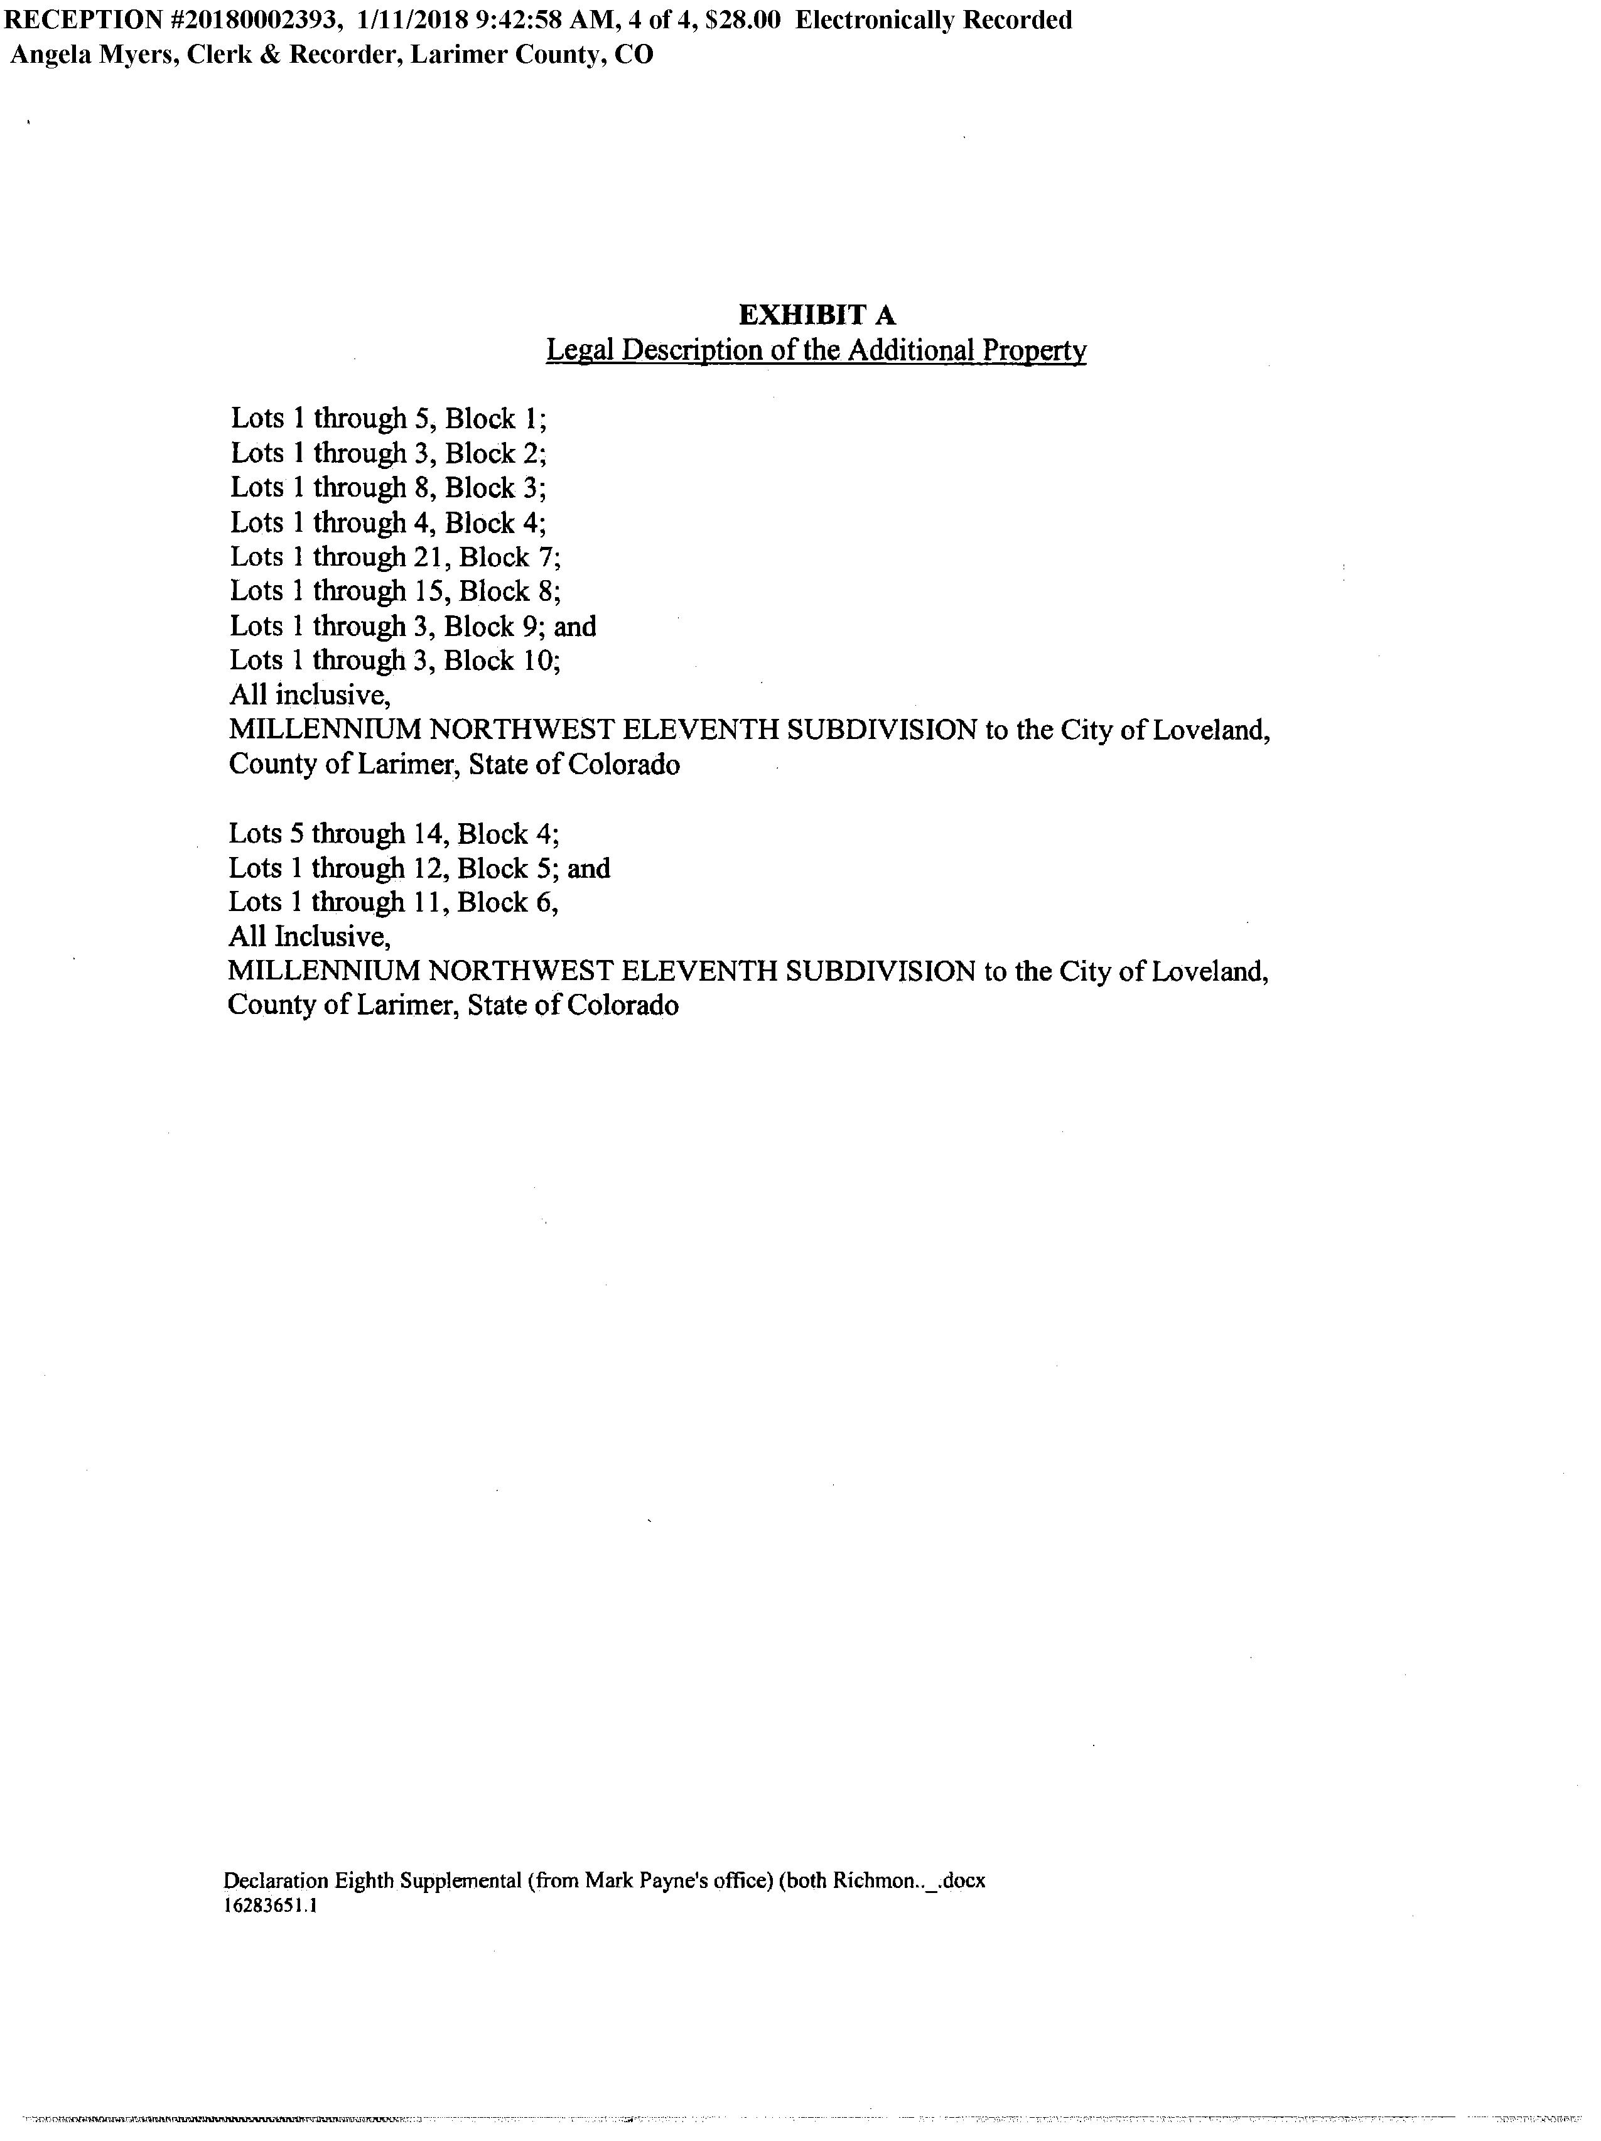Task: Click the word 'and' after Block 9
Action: click(575, 626)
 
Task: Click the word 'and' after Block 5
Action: click(588, 868)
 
